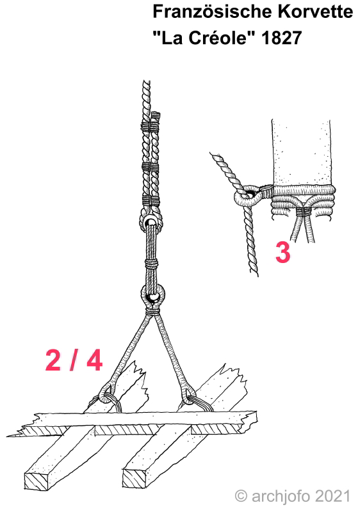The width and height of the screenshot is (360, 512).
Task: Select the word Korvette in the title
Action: [316, 12]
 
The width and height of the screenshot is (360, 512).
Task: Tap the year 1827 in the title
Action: [281, 38]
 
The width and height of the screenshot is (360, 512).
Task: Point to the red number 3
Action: [283, 252]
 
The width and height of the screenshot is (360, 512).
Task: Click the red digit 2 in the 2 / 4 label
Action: [53, 360]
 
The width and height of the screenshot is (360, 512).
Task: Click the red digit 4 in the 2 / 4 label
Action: [94, 360]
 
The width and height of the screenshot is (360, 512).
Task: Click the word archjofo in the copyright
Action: [281, 497]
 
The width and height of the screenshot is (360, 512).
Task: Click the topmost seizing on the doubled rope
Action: [151, 126]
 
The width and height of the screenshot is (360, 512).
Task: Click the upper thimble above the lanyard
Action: [151, 223]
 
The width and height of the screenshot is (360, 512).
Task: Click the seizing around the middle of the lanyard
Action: [151, 263]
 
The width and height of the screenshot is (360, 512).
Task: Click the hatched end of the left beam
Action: [39, 480]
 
